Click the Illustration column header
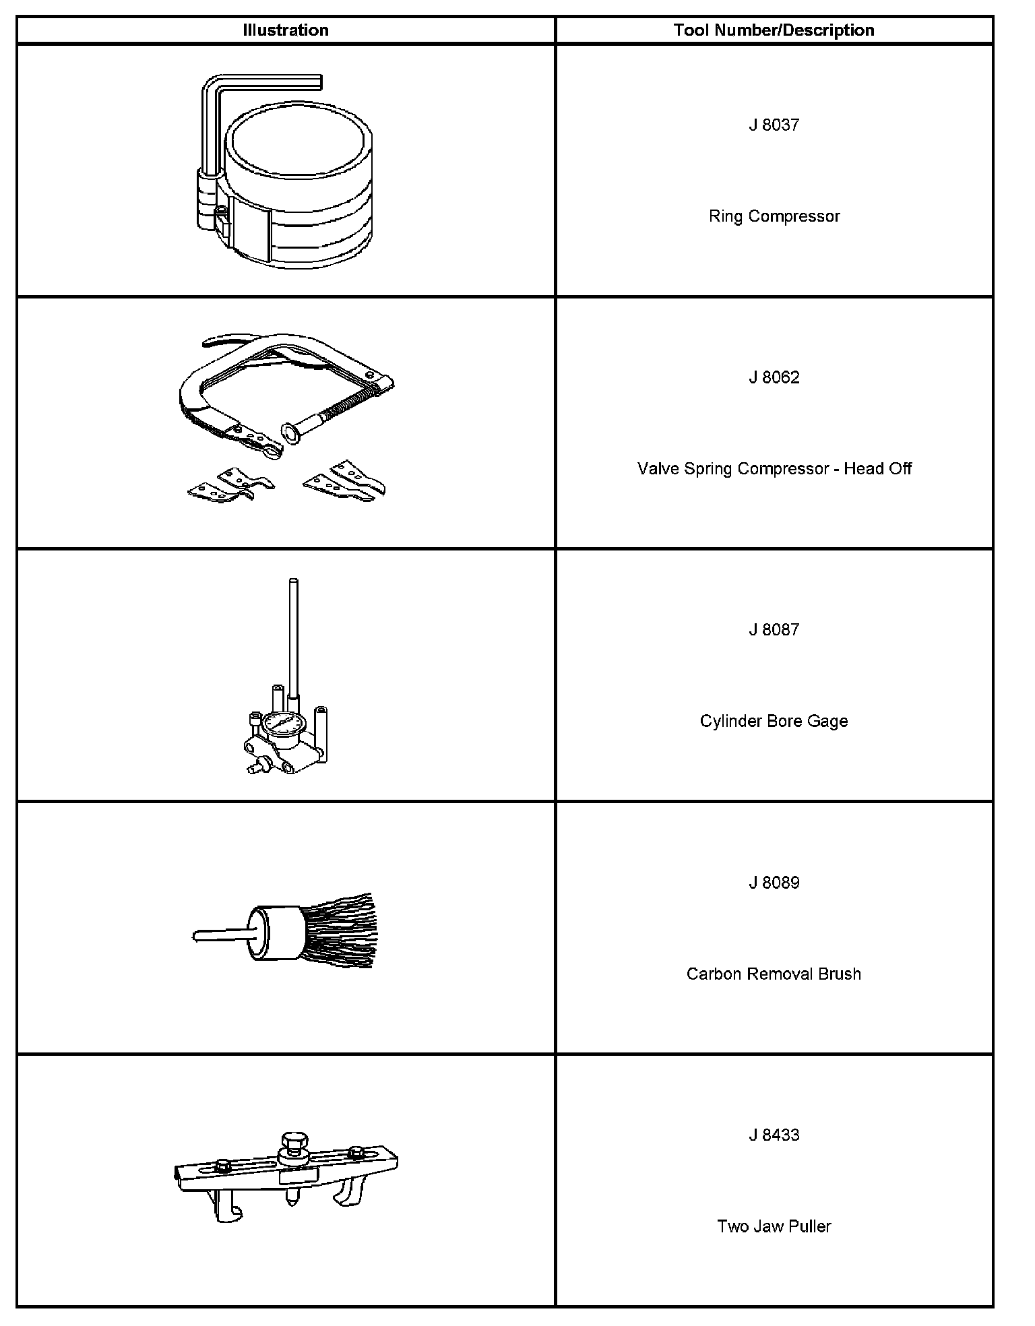(x=286, y=30)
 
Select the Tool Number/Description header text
(x=774, y=30)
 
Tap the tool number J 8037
(x=774, y=125)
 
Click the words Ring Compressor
(x=774, y=216)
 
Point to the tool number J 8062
(x=774, y=377)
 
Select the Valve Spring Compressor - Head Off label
(x=774, y=469)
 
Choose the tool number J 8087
(x=774, y=630)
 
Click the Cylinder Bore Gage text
(x=774, y=722)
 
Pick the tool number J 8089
(x=774, y=883)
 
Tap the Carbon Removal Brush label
(x=774, y=974)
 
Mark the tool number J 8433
(x=774, y=1135)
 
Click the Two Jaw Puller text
(x=774, y=1226)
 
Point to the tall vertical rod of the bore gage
(x=292, y=633)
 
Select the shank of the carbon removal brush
(x=219, y=936)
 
